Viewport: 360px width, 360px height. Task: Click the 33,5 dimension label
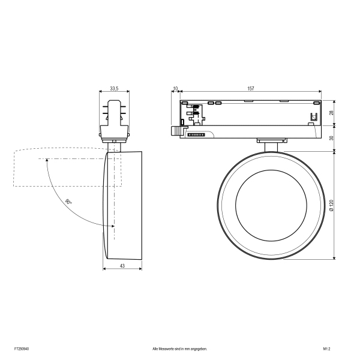[x=114, y=88]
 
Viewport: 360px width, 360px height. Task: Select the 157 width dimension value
[x=251, y=88]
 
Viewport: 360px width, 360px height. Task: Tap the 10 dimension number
[x=175, y=88]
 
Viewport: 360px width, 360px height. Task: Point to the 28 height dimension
[x=331, y=113]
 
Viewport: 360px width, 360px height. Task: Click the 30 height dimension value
[x=331, y=138]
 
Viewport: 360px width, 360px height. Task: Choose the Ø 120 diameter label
[x=331, y=205]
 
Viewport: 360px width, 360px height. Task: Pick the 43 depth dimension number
[x=122, y=266]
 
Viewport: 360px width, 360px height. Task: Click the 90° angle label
[x=68, y=202]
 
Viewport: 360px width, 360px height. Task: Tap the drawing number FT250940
[x=22, y=349]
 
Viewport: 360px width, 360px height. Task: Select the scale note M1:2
[x=327, y=349]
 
